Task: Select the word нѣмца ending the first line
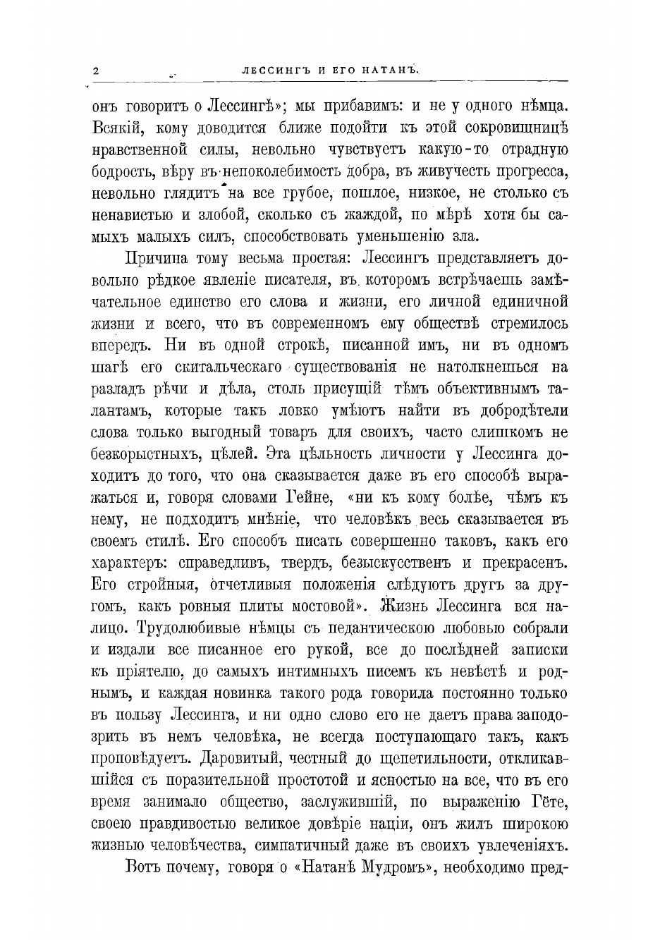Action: pos(540,107)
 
